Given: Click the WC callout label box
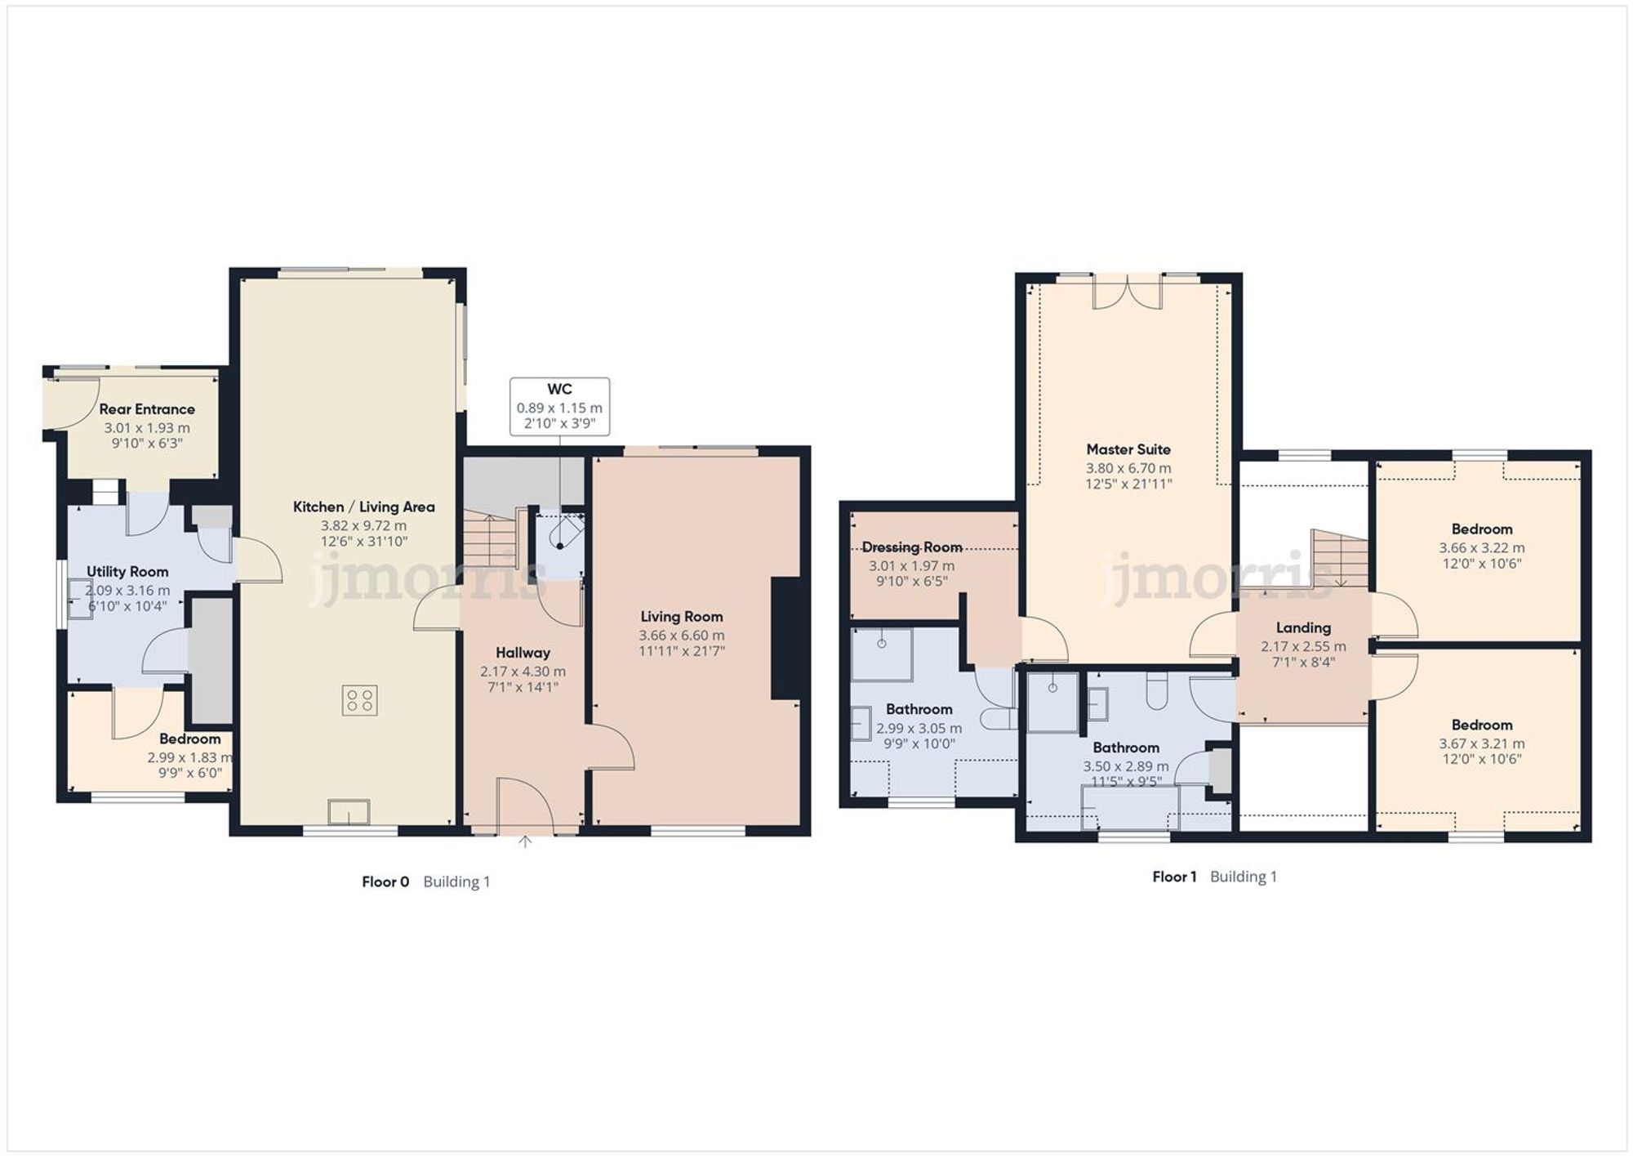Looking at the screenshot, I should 559,406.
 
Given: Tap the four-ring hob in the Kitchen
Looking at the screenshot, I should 359,700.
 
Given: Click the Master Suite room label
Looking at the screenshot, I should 1128,449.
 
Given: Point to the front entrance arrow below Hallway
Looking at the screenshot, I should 525,841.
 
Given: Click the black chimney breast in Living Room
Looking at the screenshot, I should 785,638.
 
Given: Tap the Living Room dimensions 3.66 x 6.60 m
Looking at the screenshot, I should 681,635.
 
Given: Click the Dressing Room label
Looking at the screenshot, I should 911,547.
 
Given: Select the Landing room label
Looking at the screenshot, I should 1303,627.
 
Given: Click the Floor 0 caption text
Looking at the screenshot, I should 385,882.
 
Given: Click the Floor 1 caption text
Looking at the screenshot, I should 1174,877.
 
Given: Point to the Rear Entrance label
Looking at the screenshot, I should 147,409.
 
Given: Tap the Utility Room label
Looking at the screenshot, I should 127,572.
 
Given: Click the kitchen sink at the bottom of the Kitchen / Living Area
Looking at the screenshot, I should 349,812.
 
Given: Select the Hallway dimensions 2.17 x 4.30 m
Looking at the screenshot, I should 523,671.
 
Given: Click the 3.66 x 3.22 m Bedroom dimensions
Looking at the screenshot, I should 1481,547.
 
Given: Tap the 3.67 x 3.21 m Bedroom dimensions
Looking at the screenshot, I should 1481,743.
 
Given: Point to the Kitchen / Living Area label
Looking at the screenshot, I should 363,507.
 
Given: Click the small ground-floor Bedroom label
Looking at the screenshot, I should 189,739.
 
